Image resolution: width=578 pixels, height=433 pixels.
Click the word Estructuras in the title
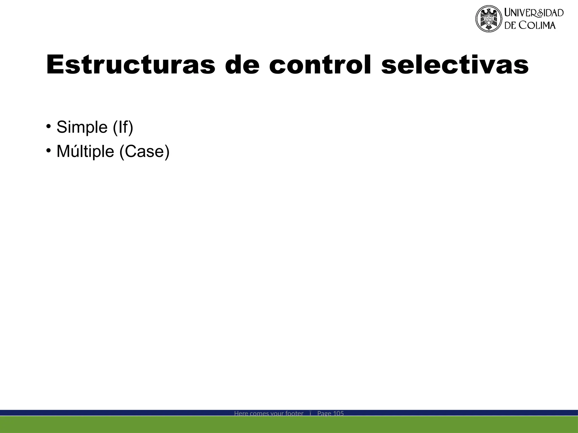point(130,65)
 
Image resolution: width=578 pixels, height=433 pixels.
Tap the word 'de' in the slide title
point(242,65)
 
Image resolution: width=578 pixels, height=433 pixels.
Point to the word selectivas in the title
point(455,65)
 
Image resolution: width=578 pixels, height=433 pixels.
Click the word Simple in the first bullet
point(82,127)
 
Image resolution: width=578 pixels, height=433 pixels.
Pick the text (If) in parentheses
point(123,127)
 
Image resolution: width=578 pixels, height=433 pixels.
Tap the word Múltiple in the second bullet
point(85,151)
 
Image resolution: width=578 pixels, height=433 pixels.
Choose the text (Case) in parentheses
point(144,151)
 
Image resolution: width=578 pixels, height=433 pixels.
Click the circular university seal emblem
point(489,19)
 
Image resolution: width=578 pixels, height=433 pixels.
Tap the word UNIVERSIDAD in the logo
point(534,13)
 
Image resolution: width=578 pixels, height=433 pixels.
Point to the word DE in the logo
point(511,25)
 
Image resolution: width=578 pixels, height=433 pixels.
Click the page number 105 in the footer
point(338,413)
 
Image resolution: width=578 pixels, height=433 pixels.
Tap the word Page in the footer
point(324,413)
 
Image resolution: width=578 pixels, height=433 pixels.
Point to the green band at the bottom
point(289,425)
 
